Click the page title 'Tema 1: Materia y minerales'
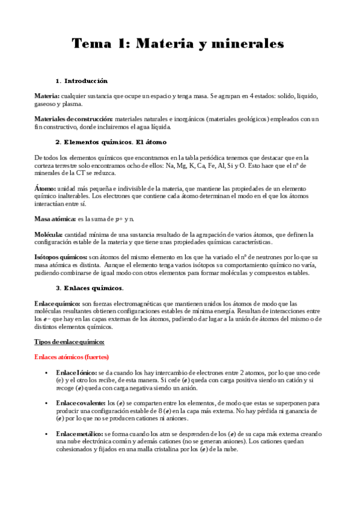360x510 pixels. click(178, 44)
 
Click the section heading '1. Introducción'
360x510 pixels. click(81, 81)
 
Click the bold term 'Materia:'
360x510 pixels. click(47, 96)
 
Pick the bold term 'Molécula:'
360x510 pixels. click(49, 234)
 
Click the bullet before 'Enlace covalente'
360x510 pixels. click(46, 402)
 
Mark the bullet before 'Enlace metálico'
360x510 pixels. click(46, 434)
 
